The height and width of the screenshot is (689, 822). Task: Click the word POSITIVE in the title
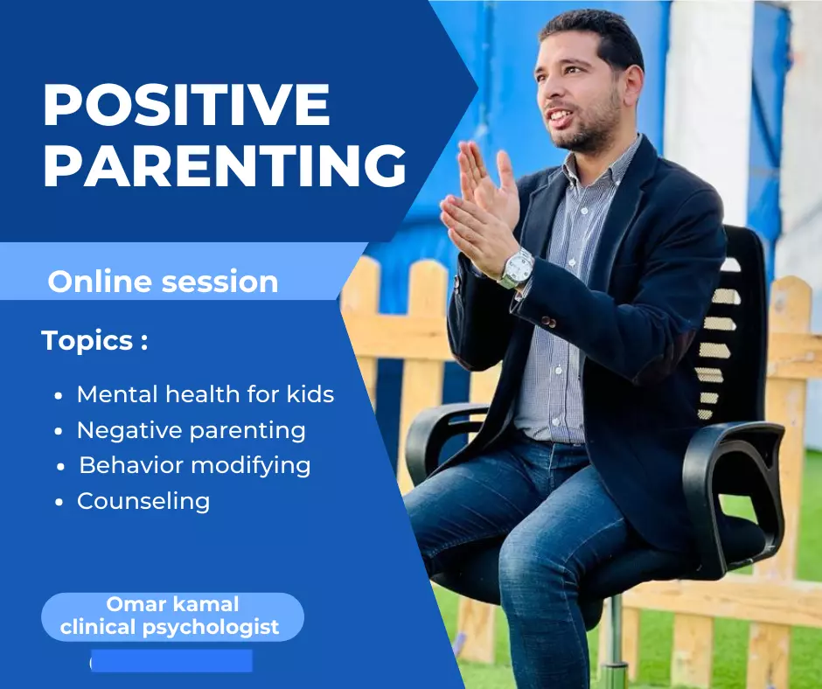click(x=186, y=104)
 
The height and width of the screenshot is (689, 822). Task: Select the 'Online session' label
click(x=163, y=282)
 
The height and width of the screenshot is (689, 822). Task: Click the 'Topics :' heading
click(x=94, y=341)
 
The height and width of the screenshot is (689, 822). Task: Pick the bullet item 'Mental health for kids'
click(x=205, y=394)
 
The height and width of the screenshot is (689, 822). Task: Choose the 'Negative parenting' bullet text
click(x=191, y=431)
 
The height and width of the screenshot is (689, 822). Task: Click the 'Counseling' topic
click(x=143, y=501)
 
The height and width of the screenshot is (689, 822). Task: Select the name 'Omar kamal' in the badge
click(x=172, y=604)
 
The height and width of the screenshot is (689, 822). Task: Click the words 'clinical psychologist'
click(x=170, y=627)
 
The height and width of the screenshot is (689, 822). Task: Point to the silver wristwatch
click(x=516, y=268)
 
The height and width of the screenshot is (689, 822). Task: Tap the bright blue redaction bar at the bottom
click(x=171, y=661)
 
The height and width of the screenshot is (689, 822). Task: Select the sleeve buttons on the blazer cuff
click(x=548, y=322)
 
